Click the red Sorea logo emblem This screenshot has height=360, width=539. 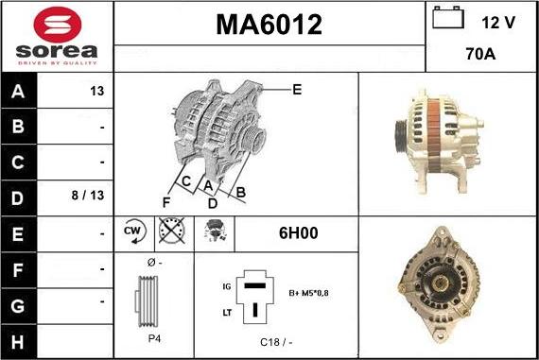coord(58,25)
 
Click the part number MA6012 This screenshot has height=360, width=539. coord(269,25)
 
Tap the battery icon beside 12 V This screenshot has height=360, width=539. coord(448,17)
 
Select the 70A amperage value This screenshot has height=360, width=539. coord(480,54)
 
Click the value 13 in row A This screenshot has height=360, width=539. coord(97,91)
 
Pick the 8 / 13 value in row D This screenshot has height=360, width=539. coord(88,195)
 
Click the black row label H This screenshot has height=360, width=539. coord(18,342)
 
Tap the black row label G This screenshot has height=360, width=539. coord(18,306)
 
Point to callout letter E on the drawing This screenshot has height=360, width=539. coord(297,90)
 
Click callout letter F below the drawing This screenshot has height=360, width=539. coord(166,202)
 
